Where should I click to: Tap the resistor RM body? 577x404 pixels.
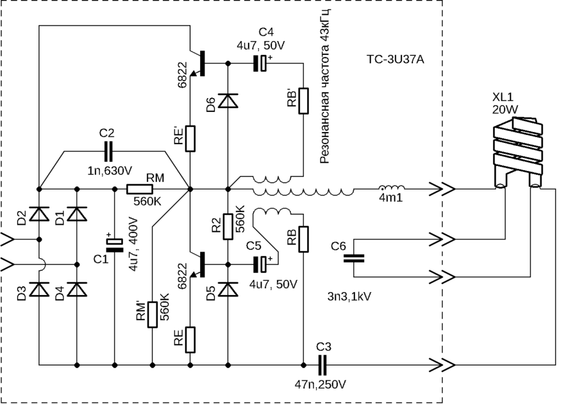(140, 189)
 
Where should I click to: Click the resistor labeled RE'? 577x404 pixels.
(190, 138)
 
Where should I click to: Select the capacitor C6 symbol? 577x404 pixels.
(353, 258)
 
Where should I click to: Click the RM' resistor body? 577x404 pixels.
(152, 314)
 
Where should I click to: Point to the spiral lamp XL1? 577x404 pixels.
(517, 153)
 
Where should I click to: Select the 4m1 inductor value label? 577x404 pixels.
(390, 198)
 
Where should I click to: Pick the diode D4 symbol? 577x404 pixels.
(77, 289)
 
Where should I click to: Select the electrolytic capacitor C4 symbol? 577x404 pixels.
(260, 63)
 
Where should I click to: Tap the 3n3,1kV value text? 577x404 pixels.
(349, 297)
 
